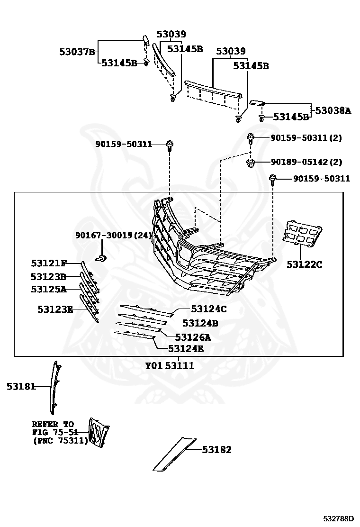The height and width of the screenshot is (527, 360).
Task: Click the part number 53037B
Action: [78, 52]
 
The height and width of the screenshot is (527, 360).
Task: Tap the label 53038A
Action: [333, 111]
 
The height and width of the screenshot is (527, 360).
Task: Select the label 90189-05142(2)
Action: [306, 162]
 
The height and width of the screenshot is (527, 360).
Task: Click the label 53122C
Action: [304, 264]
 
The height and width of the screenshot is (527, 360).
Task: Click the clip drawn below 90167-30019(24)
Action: [101, 258]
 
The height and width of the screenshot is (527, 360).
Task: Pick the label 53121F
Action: [49, 263]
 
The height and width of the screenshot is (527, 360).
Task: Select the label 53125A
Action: [49, 289]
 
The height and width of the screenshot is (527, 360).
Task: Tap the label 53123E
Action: [55, 309]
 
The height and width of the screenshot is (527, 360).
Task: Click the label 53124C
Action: [209, 309]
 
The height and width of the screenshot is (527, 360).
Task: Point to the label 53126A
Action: [193, 337]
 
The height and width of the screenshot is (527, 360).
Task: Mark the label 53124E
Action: [186, 349]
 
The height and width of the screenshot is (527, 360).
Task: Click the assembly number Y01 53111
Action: [169, 366]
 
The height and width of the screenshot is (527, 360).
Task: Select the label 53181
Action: [21, 387]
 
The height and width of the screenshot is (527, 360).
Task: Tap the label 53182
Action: [217, 450]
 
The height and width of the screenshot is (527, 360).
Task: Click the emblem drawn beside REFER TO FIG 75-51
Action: [99, 432]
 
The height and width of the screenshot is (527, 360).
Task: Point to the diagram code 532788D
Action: [339, 519]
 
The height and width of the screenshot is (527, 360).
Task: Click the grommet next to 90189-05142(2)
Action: [250, 164]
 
